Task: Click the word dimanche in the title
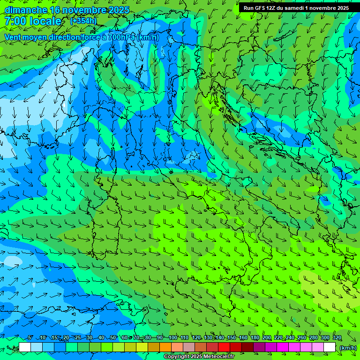pos(25,10)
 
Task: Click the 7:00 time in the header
pos(15,21)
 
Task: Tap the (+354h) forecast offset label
pos(83,21)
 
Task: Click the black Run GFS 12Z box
pos(296,8)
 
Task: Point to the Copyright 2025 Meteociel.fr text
pos(199,357)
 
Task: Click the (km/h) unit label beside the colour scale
pos(347,348)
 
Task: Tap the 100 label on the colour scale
pos(172,338)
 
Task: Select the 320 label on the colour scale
pos(337,338)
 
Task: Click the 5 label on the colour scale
pos(30,338)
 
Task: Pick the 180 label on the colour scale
pos(255,338)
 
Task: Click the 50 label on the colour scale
pos(112,338)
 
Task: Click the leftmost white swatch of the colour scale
pos(25,347)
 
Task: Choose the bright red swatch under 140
pos(224,347)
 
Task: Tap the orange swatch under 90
pos(165,347)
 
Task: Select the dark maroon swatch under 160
pos(247,347)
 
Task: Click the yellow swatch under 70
pos(142,347)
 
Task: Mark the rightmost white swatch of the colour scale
pos(330,347)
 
